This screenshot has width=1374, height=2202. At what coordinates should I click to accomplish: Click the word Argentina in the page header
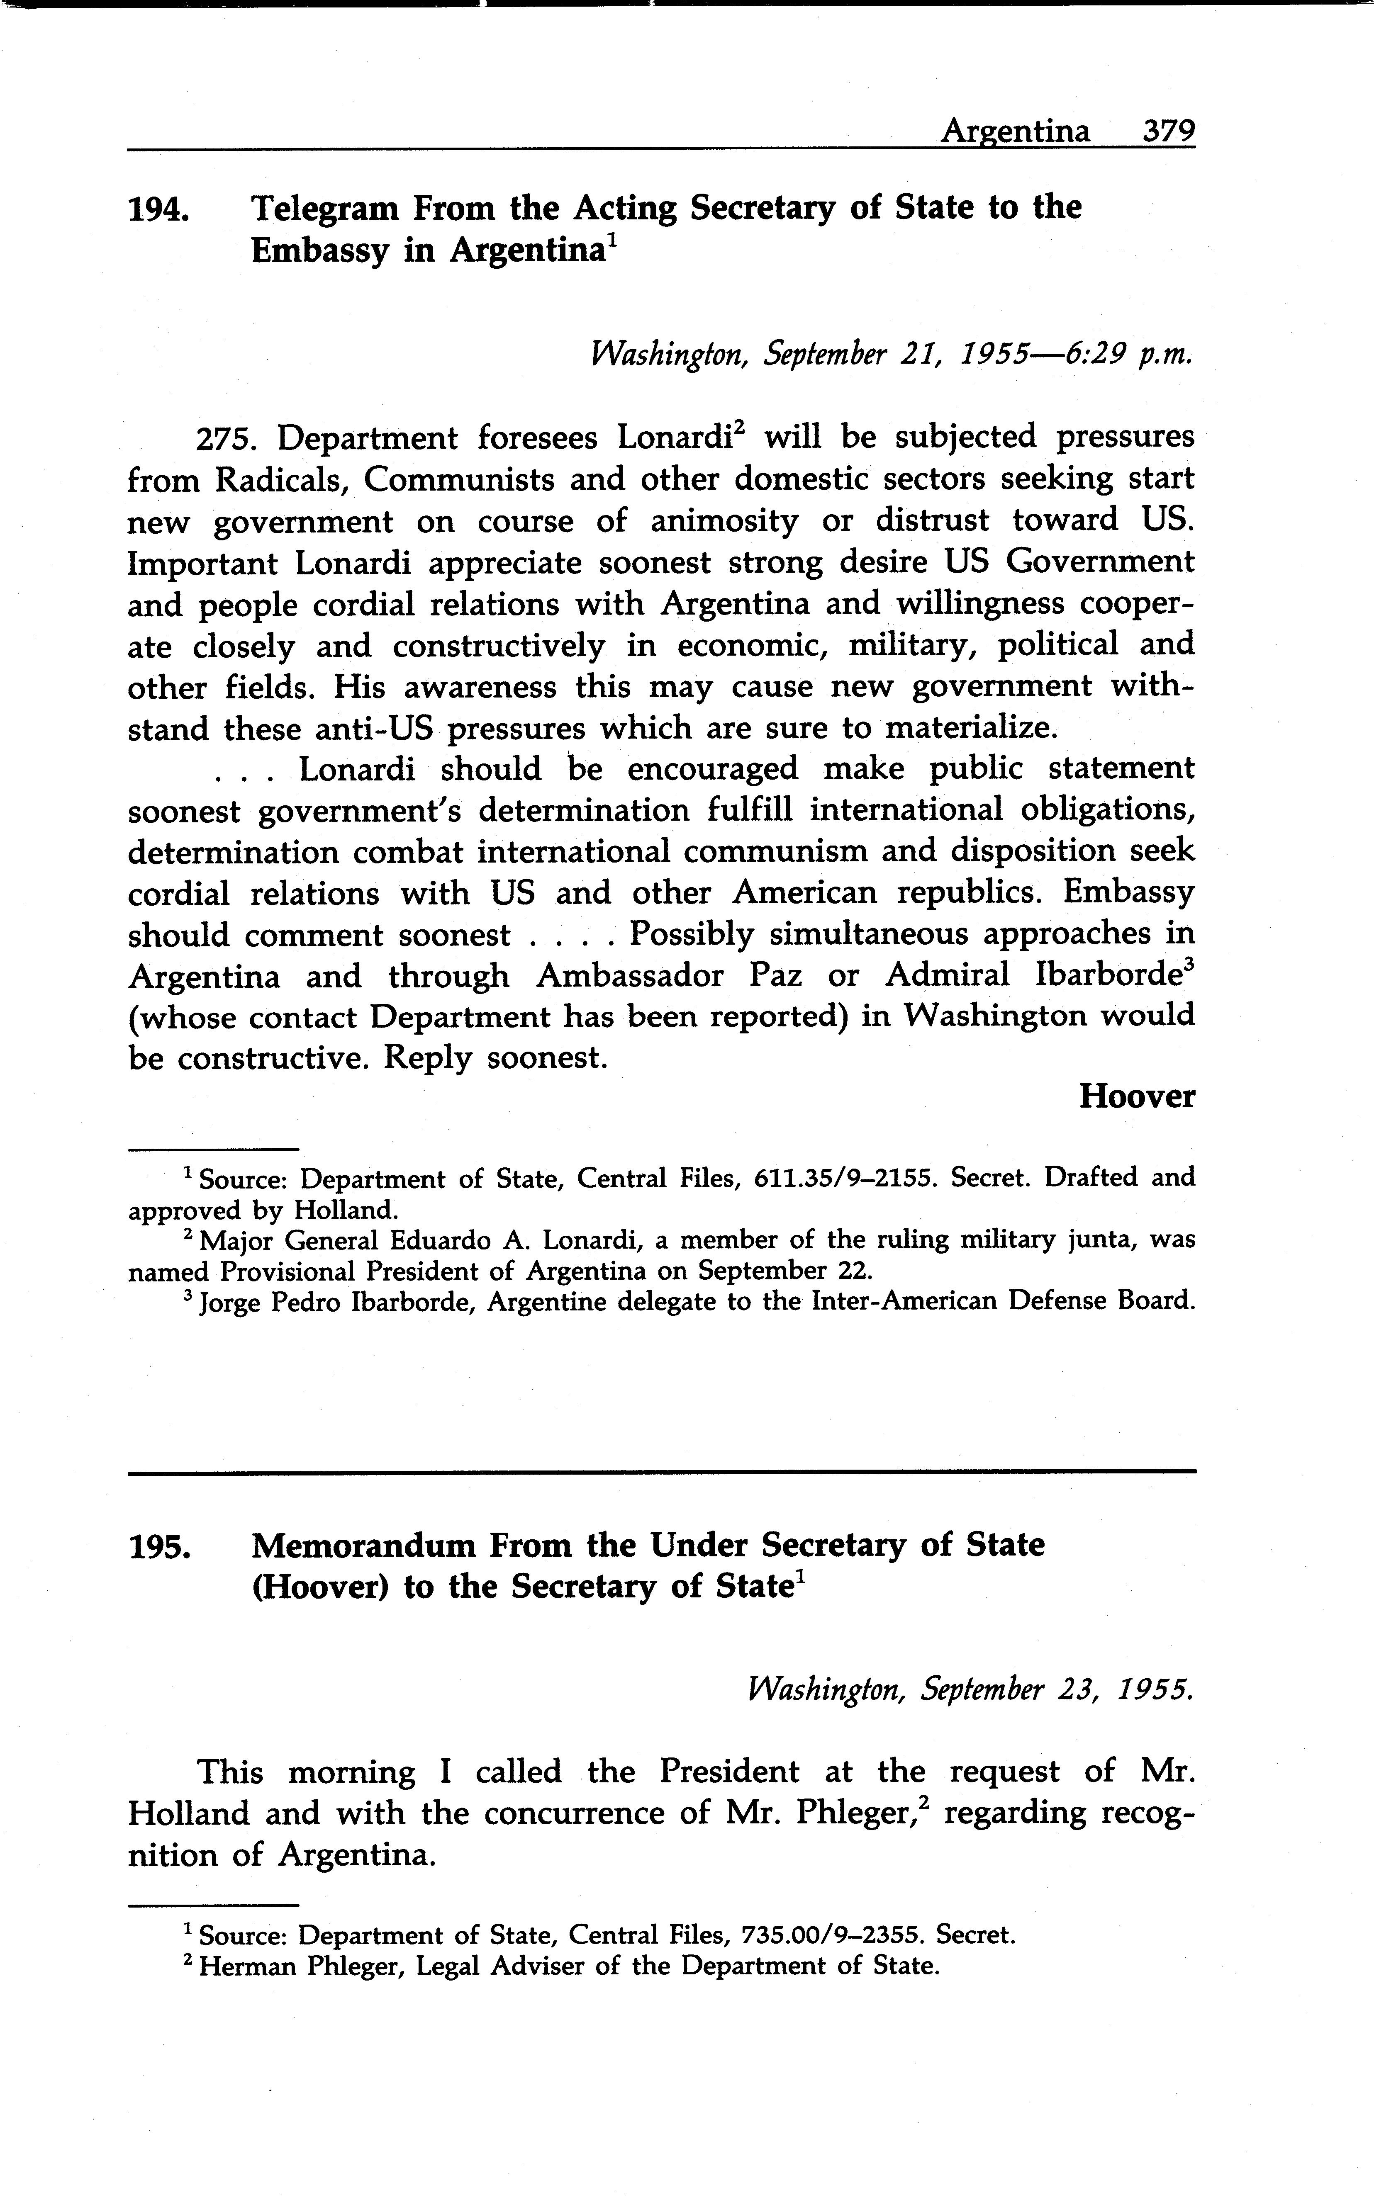1015,133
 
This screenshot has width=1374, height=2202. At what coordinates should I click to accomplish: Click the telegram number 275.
227,439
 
